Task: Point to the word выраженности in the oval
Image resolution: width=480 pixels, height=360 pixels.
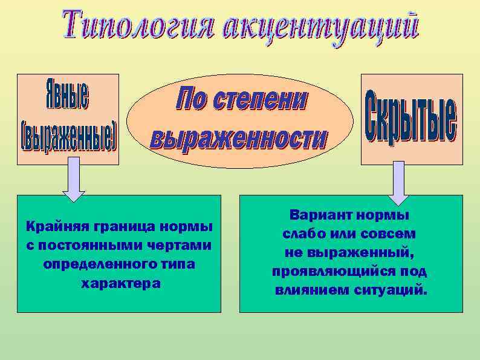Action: (x=239, y=139)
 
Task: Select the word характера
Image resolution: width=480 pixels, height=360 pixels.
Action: (x=120, y=283)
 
